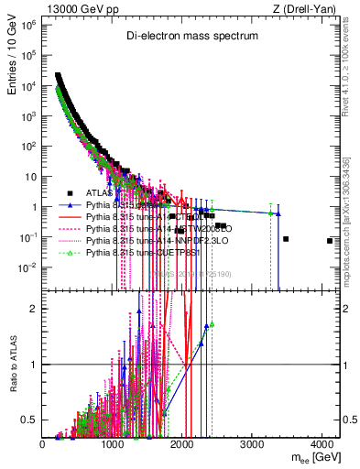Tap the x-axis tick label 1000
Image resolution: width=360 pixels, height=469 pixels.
(114, 445)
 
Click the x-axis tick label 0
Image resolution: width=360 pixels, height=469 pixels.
(43, 445)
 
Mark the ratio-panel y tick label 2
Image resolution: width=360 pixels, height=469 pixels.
(34, 308)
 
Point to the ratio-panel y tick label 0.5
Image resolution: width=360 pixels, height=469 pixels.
(30, 420)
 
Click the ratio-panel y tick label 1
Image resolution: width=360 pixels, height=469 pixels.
(34, 365)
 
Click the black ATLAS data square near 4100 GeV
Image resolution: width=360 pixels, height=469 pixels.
(330, 241)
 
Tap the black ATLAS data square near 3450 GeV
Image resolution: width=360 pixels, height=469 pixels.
(286, 239)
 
